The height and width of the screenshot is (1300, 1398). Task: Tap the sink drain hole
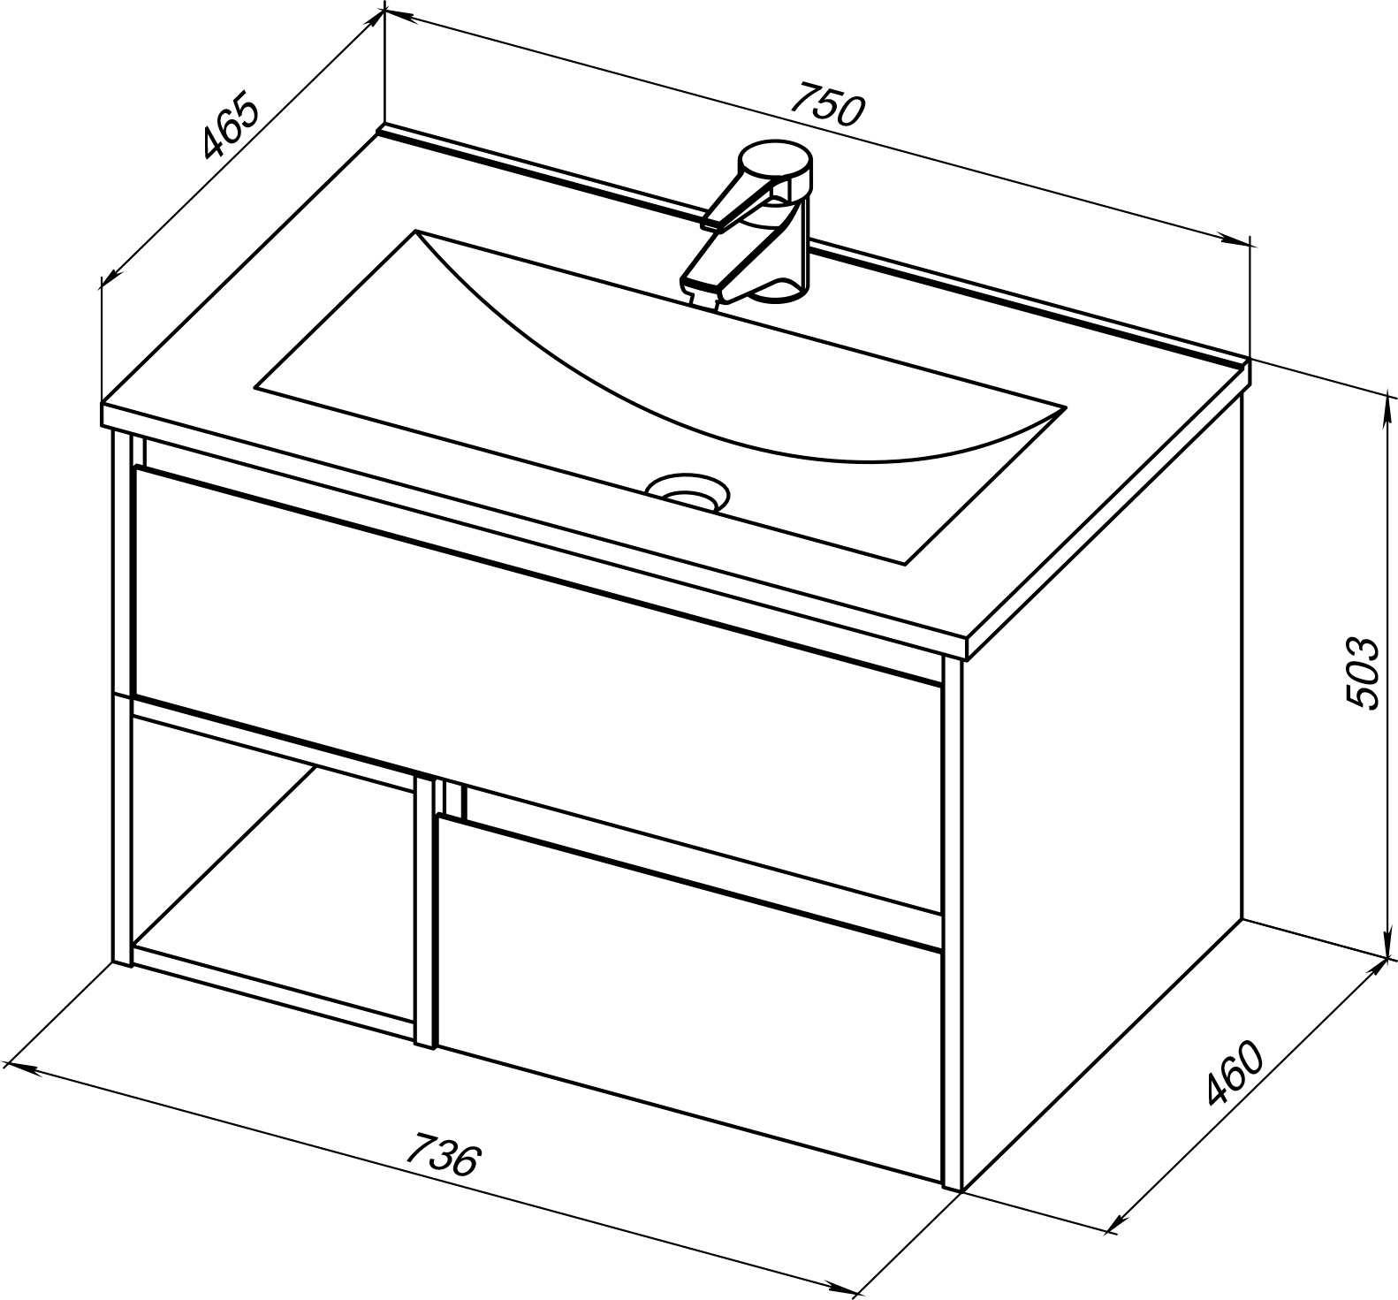coord(688,491)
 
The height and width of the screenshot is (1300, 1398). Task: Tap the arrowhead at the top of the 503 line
coord(1384,406)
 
